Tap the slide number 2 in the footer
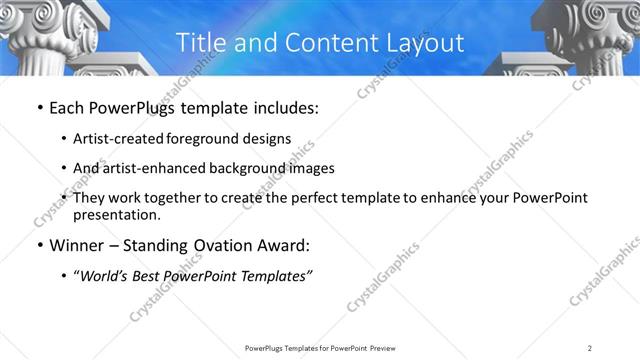point(589,347)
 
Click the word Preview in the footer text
point(375,347)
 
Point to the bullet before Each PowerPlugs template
point(39,108)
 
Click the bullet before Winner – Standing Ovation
point(39,247)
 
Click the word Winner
point(78,247)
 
